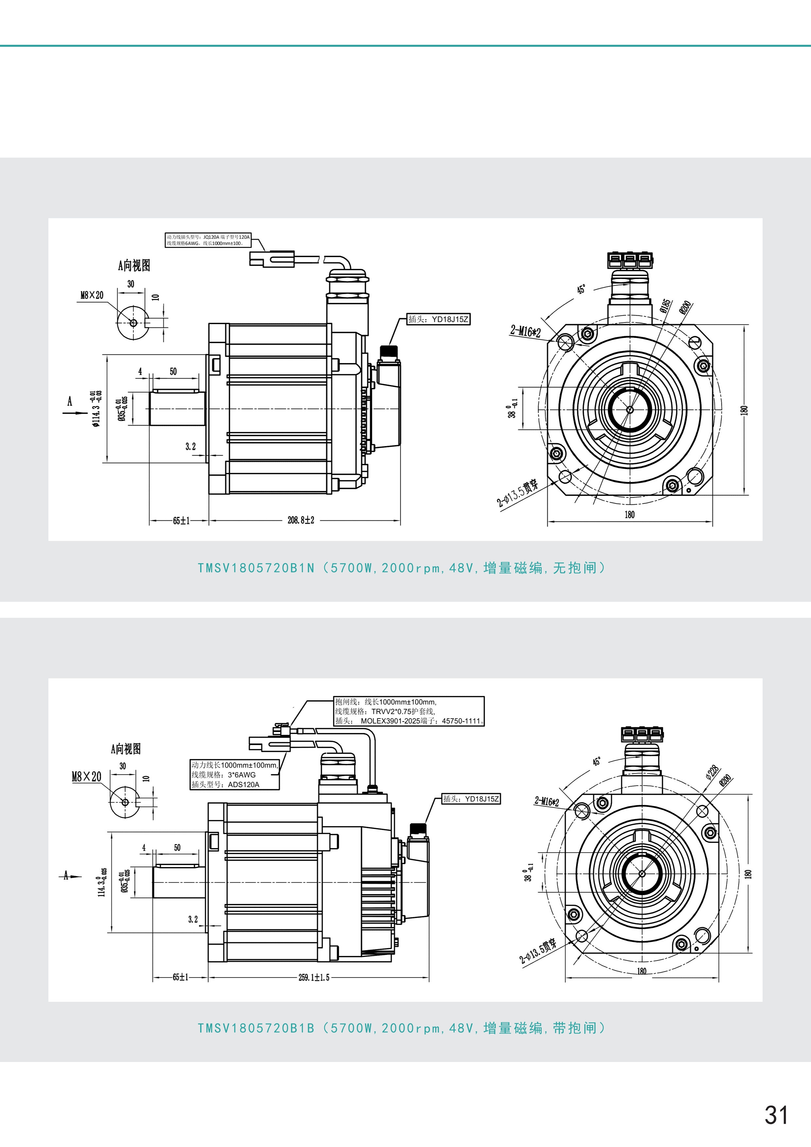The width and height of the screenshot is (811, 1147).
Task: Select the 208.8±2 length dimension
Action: point(301,521)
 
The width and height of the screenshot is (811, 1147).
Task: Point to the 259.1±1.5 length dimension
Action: point(314,978)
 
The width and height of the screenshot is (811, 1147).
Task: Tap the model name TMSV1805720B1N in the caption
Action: point(256,568)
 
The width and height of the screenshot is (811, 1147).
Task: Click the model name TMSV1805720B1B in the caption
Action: point(256,1028)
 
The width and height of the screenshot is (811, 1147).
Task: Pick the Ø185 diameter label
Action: point(666,306)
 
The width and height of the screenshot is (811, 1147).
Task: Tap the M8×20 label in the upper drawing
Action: point(92,295)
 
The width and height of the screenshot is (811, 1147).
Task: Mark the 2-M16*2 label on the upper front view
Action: point(526,331)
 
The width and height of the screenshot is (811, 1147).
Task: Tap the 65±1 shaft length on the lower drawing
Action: point(180,977)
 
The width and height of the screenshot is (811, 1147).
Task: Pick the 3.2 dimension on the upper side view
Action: point(190,447)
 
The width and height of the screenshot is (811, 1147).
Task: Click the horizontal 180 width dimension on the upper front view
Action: point(630,514)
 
